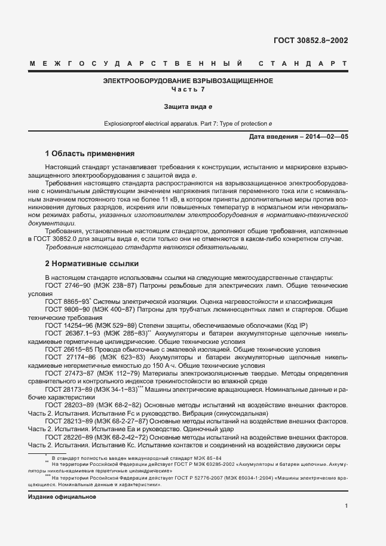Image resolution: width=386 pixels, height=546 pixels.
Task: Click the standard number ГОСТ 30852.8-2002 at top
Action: (x=311, y=41)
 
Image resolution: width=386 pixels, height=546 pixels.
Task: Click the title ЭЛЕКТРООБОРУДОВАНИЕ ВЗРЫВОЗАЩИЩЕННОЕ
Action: (x=188, y=81)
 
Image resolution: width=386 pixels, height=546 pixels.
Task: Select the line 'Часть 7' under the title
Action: (x=188, y=89)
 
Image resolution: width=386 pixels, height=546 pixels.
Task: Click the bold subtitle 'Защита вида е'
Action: (x=188, y=106)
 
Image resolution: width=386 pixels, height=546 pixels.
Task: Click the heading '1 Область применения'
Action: (x=90, y=153)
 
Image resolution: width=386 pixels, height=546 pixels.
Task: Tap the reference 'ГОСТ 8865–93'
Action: (x=66, y=301)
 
